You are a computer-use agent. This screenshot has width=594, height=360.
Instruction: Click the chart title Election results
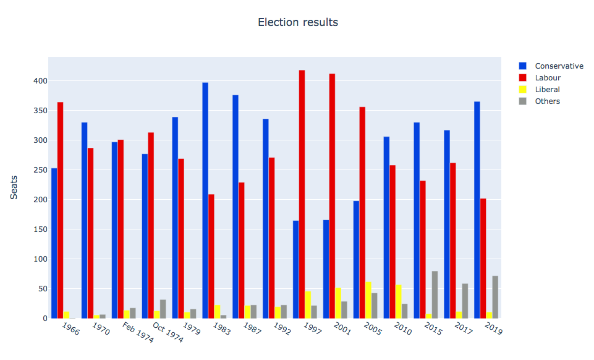pyautogui.click(x=297, y=22)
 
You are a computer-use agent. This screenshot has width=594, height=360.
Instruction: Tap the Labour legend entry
pyautogui.click(x=548, y=78)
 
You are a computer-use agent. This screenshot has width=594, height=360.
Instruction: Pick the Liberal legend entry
pyautogui.click(x=547, y=90)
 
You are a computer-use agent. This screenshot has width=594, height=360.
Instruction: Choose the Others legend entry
pyautogui.click(x=547, y=101)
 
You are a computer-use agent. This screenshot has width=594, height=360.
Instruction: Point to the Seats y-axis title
pyautogui.click(x=14, y=187)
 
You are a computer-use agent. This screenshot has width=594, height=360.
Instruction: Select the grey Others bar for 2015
pyautogui.click(x=435, y=295)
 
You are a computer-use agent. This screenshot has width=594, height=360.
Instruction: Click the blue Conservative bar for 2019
pyautogui.click(x=477, y=210)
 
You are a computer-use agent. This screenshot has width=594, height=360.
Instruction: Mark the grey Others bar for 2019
pyautogui.click(x=495, y=297)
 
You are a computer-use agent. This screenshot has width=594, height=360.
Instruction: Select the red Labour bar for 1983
pyautogui.click(x=211, y=256)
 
